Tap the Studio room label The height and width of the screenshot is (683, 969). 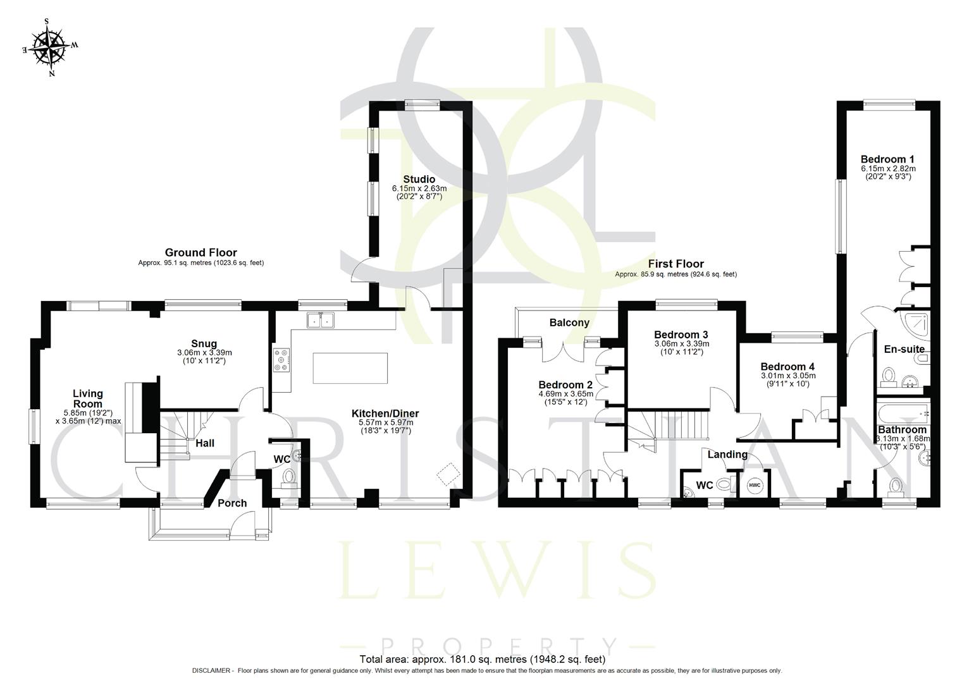click(419, 179)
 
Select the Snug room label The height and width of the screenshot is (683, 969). click(204, 344)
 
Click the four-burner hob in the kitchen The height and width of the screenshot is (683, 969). click(281, 360)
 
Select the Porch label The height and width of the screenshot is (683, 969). click(232, 503)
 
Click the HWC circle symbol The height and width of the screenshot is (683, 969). click(755, 486)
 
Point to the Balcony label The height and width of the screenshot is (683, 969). click(569, 323)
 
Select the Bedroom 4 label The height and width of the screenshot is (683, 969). click(787, 367)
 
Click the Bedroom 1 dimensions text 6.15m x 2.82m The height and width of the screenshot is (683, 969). click(888, 169)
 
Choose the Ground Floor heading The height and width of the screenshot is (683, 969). click(201, 252)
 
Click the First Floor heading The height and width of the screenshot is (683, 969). click(676, 264)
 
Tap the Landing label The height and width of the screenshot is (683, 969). click(727, 454)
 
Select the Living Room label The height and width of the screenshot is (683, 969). click(87, 398)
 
